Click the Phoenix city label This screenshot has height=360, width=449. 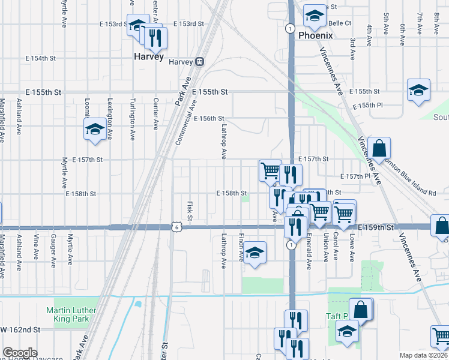(x=315, y=35)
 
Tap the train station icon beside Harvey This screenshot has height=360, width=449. (x=199, y=62)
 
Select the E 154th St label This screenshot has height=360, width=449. (x=40, y=58)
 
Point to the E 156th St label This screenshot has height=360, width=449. (x=209, y=119)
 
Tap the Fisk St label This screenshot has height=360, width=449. (x=188, y=211)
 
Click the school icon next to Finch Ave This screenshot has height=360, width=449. (x=255, y=254)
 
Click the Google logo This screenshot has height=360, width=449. (x=20, y=353)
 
